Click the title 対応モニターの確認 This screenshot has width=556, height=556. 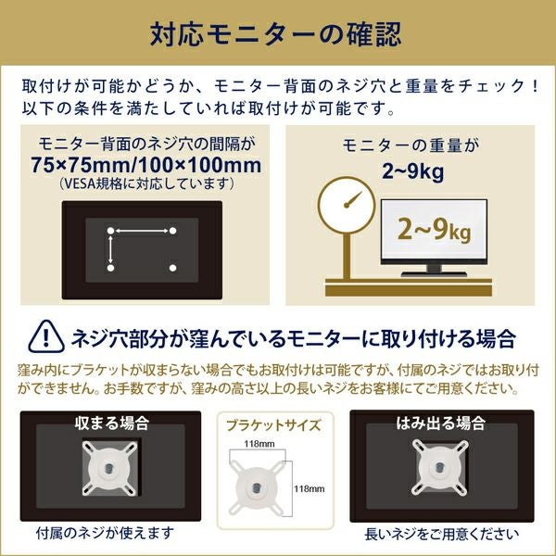275,34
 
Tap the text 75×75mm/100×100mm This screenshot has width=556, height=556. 145,165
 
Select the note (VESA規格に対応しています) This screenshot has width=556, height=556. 146,183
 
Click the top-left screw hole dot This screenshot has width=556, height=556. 110,231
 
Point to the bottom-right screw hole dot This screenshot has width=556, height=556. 172,268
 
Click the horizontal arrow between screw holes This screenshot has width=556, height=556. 142,231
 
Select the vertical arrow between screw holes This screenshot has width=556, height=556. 110,249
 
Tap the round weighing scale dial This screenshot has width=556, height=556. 347,205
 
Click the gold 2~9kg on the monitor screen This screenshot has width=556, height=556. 434,230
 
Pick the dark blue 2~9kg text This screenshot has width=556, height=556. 412,171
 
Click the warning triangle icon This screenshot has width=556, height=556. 45,336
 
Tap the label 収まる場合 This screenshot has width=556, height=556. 112,423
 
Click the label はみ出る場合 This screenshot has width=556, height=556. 441,423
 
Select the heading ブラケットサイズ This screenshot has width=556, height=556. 273,425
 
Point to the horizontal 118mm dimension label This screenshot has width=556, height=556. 259,444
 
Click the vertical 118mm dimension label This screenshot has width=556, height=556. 309,489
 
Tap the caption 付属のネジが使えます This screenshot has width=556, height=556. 106,533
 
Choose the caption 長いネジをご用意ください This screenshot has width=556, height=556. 441,534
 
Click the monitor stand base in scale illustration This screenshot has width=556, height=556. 434,274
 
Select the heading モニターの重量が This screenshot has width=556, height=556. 411,145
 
